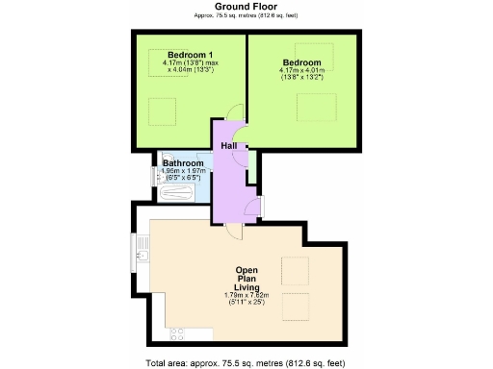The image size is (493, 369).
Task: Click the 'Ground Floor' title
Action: coord(246,7)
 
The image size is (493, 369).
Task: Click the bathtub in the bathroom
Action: coord(177,192)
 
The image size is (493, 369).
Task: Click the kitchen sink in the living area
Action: coord(143,256)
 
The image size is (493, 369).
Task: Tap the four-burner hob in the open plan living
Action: coord(177,333)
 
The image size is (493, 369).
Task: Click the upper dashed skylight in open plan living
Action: coord(295,268)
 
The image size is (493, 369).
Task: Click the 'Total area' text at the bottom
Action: coord(246,362)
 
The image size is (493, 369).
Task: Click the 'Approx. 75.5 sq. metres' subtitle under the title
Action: coord(246,16)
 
